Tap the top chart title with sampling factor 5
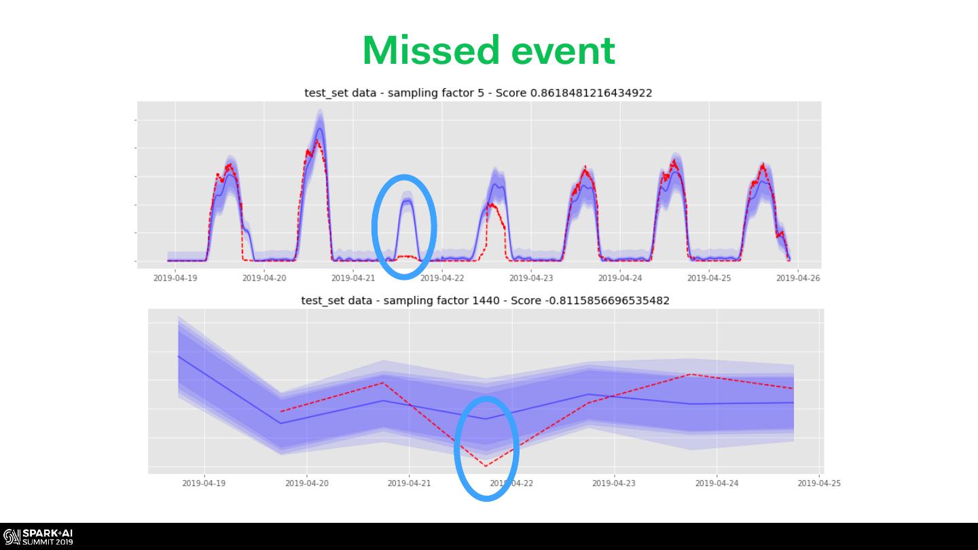(x=477, y=93)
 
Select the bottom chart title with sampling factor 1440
(x=485, y=300)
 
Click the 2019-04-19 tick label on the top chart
(x=175, y=278)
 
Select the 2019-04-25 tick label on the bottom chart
(x=819, y=483)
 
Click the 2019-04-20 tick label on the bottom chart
(x=307, y=483)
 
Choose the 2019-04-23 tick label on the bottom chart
(x=614, y=483)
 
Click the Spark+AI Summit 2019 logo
(x=38, y=536)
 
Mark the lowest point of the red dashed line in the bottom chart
(x=486, y=466)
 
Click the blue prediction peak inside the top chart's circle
(x=407, y=201)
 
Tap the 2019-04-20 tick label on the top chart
(x=264, y=278)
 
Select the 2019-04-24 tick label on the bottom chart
(x=717, y=483)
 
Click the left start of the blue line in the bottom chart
(x=179, y=356)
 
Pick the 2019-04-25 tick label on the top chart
(x=708, y=278)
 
